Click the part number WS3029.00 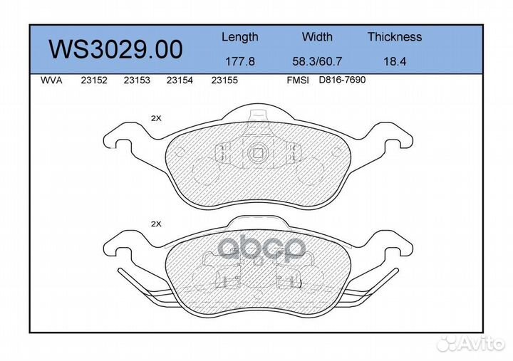115,49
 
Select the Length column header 239,37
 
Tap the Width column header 317,37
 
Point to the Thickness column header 394,37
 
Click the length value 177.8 239,62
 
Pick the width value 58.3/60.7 317,62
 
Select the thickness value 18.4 394,62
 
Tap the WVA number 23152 95,81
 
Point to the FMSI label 297,81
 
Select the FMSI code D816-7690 341,80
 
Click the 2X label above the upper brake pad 156,119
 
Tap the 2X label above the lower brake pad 156,224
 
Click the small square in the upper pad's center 258,152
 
